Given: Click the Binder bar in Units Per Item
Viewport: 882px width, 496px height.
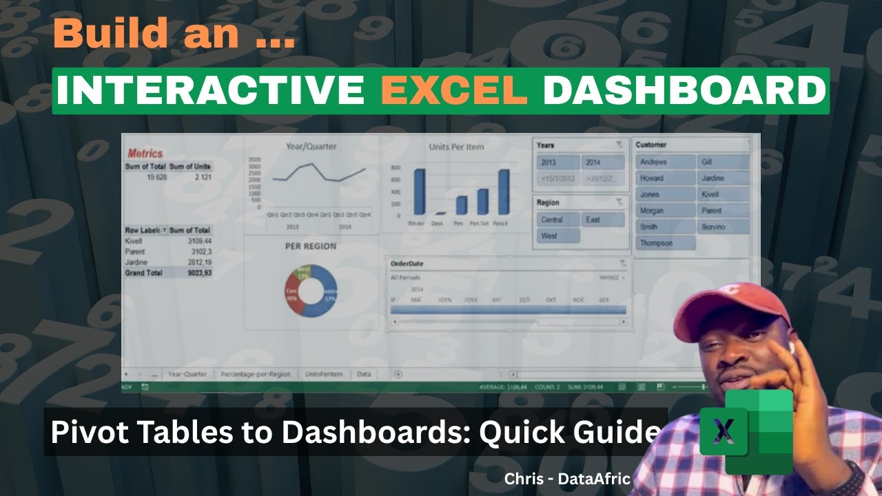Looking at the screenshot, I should tap(419, 192).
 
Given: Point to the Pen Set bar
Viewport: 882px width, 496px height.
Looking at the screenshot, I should tap(482, 202).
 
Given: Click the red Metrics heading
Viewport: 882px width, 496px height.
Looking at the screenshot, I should tap(145, 153).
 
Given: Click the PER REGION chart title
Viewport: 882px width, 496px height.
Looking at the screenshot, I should tap(311, 246).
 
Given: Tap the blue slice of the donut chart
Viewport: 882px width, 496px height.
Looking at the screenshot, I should tap(325, 301).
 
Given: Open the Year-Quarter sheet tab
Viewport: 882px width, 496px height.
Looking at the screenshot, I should tap(187, 374).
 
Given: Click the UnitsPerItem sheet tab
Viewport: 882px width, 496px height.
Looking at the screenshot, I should tap(323, 374).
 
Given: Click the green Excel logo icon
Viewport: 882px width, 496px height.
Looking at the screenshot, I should tap(747, 431).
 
